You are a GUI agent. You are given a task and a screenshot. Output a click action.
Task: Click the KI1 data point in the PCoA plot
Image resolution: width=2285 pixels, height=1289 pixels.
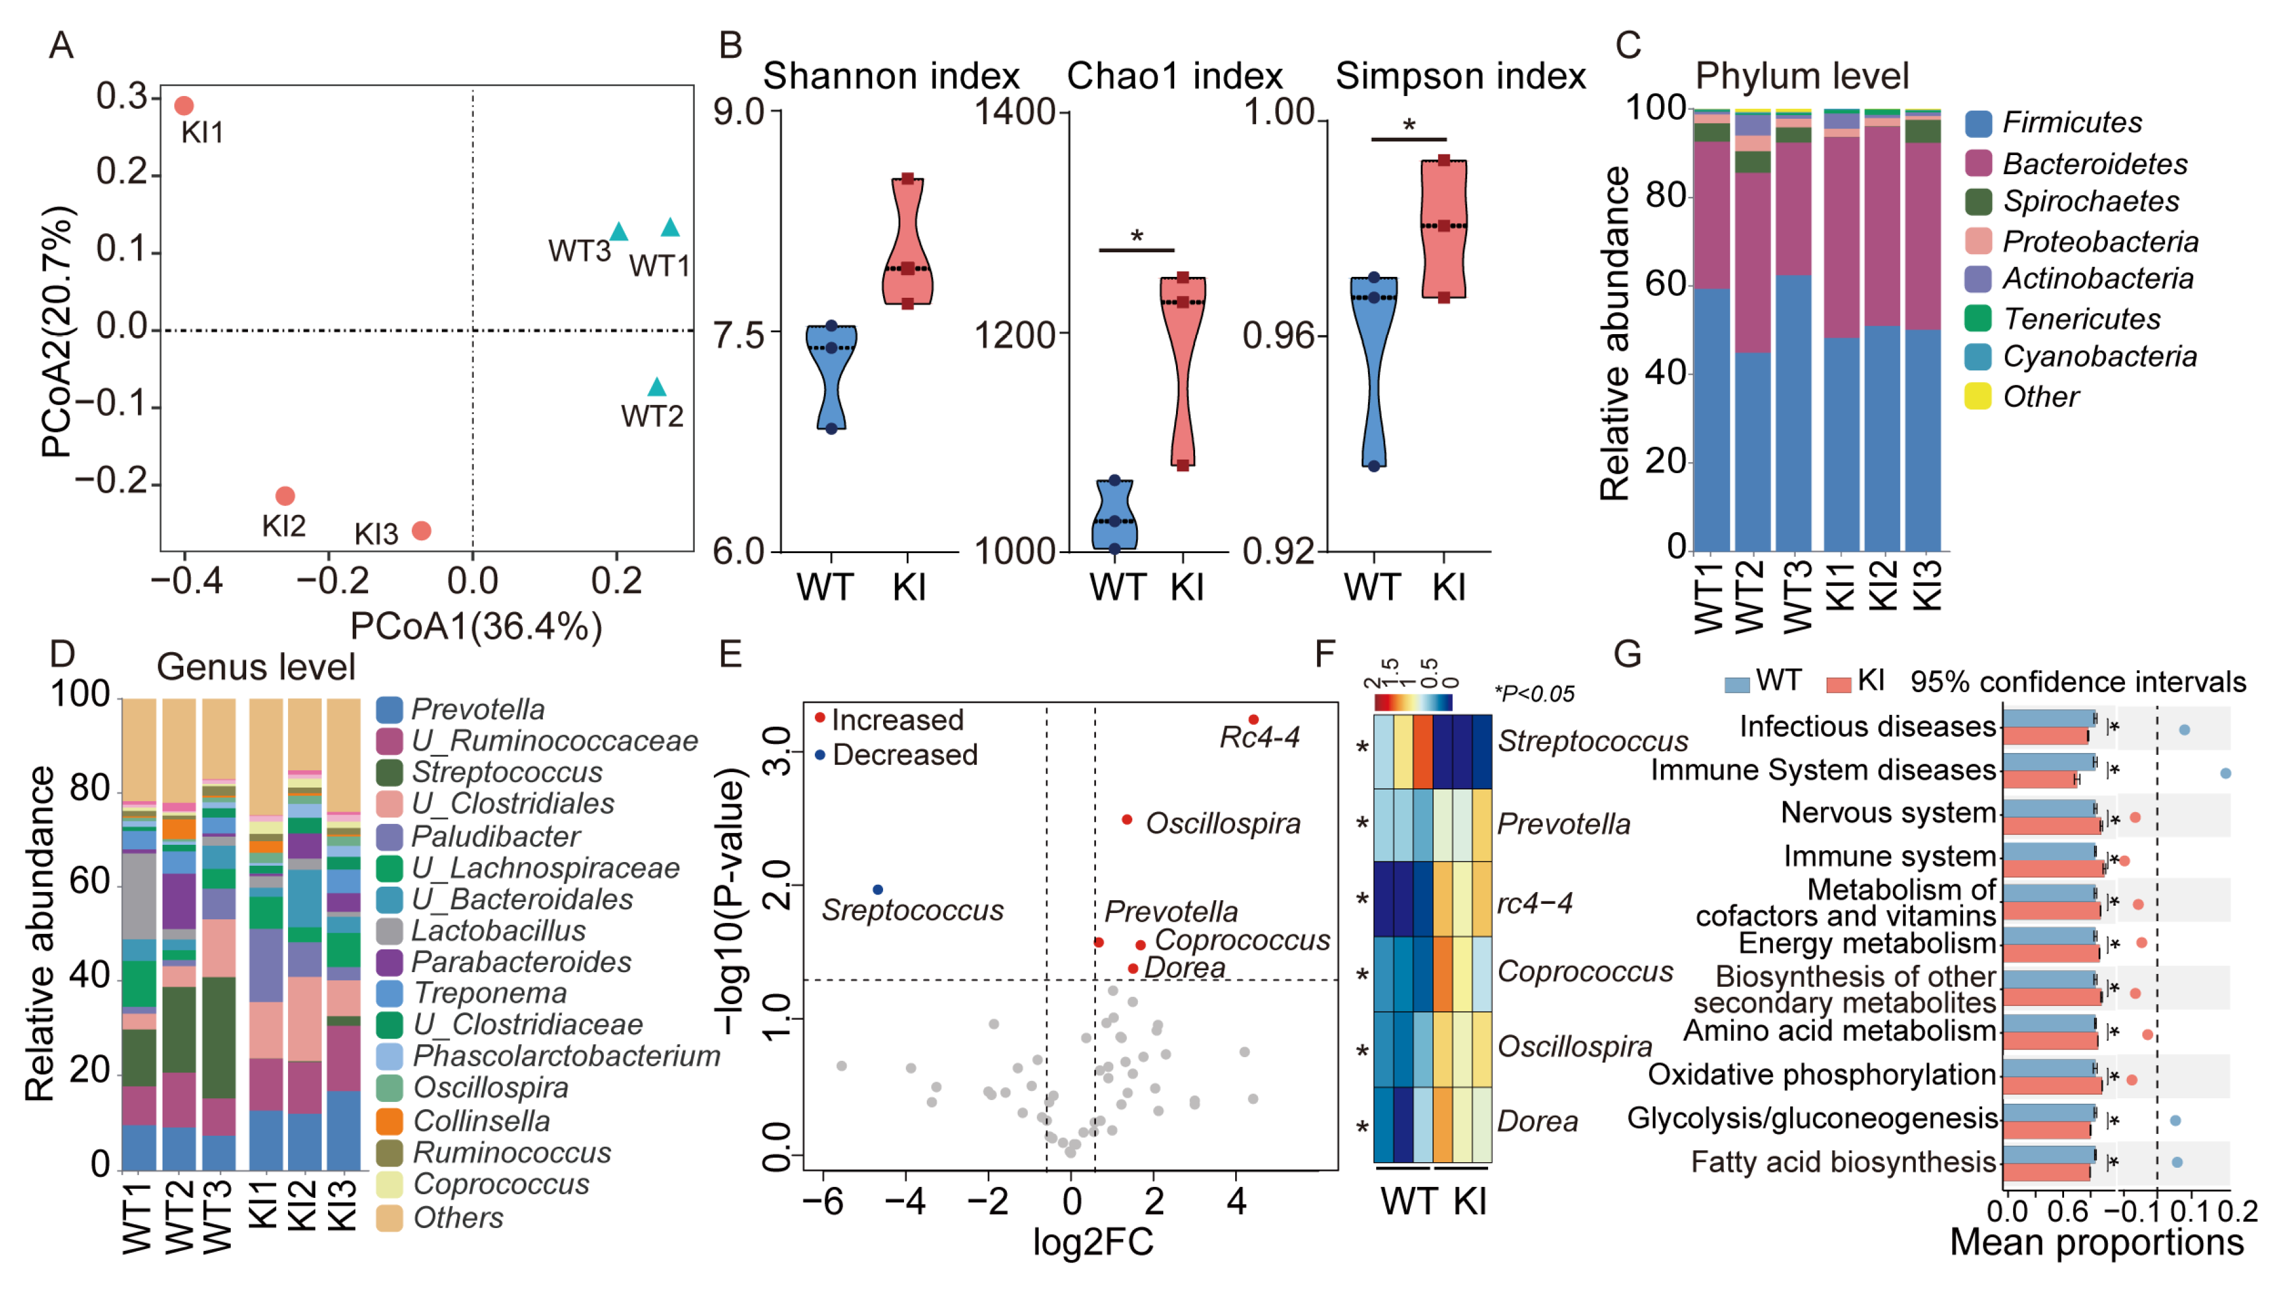click(x=183, y=106)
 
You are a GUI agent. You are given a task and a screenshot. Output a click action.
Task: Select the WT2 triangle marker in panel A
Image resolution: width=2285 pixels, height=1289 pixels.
click(x=657, y=388)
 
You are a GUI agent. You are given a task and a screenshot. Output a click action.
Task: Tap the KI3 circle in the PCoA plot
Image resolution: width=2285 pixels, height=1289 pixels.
click(x=422, y=530)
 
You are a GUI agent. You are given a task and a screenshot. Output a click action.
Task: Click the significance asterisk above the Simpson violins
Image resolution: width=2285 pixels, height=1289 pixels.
click(x=1409, y=126)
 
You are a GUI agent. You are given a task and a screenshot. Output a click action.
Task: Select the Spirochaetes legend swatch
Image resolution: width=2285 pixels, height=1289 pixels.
click(x=1978, y=202)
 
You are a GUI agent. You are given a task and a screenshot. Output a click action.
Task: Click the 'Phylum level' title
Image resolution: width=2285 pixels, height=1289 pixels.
click(x=1801, y=76)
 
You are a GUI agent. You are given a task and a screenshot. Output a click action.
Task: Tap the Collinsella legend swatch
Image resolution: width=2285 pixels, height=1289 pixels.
click(x=390, y=1120)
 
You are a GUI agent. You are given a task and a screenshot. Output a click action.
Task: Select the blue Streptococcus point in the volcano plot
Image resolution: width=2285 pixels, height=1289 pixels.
click(x=878, y=890)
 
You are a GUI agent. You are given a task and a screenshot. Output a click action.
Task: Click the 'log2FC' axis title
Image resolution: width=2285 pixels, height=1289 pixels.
click(x=1093, y=1242)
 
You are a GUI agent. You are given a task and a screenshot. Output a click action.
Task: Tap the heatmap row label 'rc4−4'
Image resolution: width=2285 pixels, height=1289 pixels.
click(x=1535, y=903)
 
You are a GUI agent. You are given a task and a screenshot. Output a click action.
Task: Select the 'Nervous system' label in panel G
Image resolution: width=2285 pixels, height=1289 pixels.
click(x=1887, y=813)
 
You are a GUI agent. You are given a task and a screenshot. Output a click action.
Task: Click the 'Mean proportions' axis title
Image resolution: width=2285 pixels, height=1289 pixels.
click(x=2096, y=1242)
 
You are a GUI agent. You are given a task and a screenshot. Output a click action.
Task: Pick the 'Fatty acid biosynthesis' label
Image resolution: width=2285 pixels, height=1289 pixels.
click(x=1843, y=1162)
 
